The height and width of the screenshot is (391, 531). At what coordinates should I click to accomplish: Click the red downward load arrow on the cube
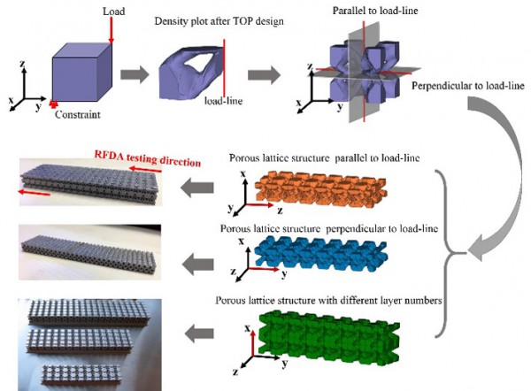coord(112,32)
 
